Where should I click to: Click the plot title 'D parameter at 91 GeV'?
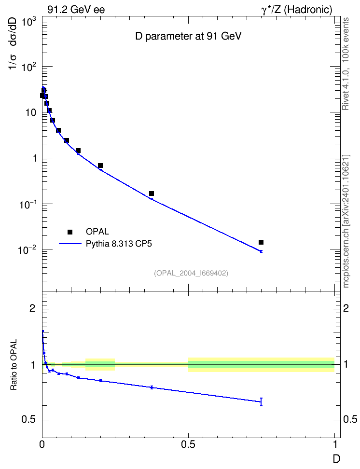click(188, 36)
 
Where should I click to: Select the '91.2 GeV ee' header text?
click(76, 10)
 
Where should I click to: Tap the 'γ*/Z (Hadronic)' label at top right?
click(297, 10)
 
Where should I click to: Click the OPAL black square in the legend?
click(70, 232)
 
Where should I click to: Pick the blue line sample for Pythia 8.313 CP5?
click(70, 244)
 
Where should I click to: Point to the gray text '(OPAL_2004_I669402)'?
click(191, 273)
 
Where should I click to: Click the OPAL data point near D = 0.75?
click(261, 242)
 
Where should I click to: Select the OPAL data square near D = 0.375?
click(152, 193)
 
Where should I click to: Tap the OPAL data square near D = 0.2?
click(100, 166)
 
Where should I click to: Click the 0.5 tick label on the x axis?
click(188, 444)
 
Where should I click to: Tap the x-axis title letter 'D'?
click(337, 459)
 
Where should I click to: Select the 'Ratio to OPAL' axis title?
click(14, 365)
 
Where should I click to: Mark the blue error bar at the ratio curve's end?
click(261, 402)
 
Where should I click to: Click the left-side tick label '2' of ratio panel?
click(32, 308)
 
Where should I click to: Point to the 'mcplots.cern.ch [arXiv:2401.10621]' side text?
click(346, 221)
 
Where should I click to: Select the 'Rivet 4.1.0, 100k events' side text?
click(346, 64)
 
